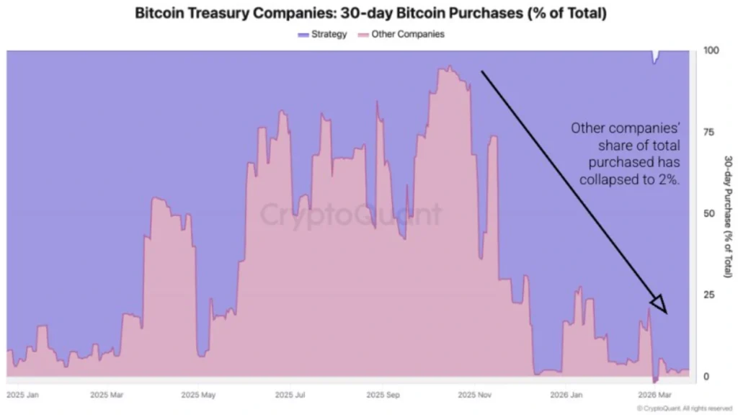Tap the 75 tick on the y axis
(709, 132)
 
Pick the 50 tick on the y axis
(709, 213)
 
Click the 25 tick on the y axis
(709, 295)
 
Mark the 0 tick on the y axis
(706, 376)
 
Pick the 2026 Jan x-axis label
(567, 395)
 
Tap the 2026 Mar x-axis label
(657, 395)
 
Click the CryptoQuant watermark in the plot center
(350, 215)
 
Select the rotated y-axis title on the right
(728, 216)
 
